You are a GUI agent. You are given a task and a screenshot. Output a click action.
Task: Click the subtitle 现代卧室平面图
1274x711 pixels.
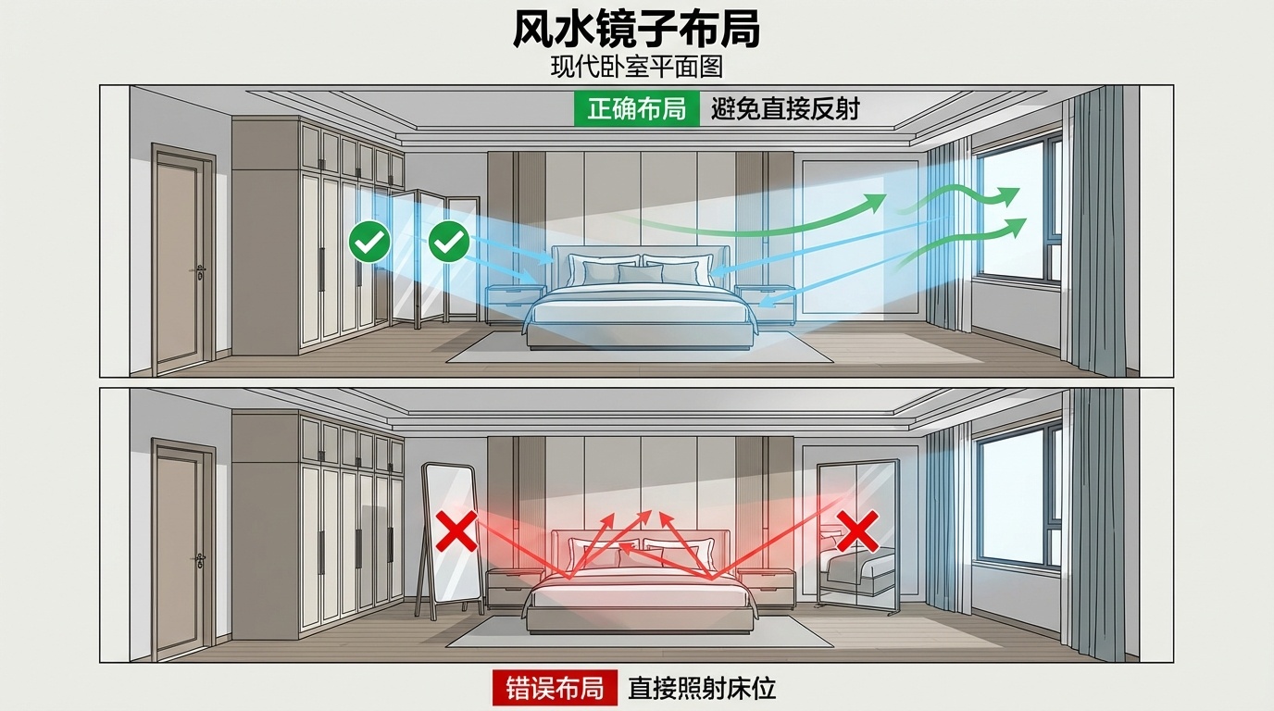click(x=636, y=67)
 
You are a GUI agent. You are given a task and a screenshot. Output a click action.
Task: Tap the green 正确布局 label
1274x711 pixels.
click(x=636, y=108)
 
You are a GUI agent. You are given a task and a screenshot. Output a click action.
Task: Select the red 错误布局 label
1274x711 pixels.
click(x=554, y=688)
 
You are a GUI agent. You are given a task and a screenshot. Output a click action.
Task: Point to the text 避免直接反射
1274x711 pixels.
click(x=785, y=108)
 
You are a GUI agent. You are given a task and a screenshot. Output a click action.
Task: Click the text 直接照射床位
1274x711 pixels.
click(x=701, y=688)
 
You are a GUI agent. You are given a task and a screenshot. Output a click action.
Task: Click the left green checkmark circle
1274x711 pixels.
click(x=369, y=243)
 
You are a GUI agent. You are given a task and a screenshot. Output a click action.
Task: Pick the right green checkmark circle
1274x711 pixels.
click(x=449, y=243)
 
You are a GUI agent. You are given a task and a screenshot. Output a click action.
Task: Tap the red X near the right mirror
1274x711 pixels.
click(x=857, y=532)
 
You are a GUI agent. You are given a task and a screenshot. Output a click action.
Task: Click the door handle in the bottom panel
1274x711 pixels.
click(x=200, y=560)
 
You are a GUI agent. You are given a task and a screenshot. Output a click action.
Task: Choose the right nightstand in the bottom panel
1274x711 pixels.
click(x=766, y=585)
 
